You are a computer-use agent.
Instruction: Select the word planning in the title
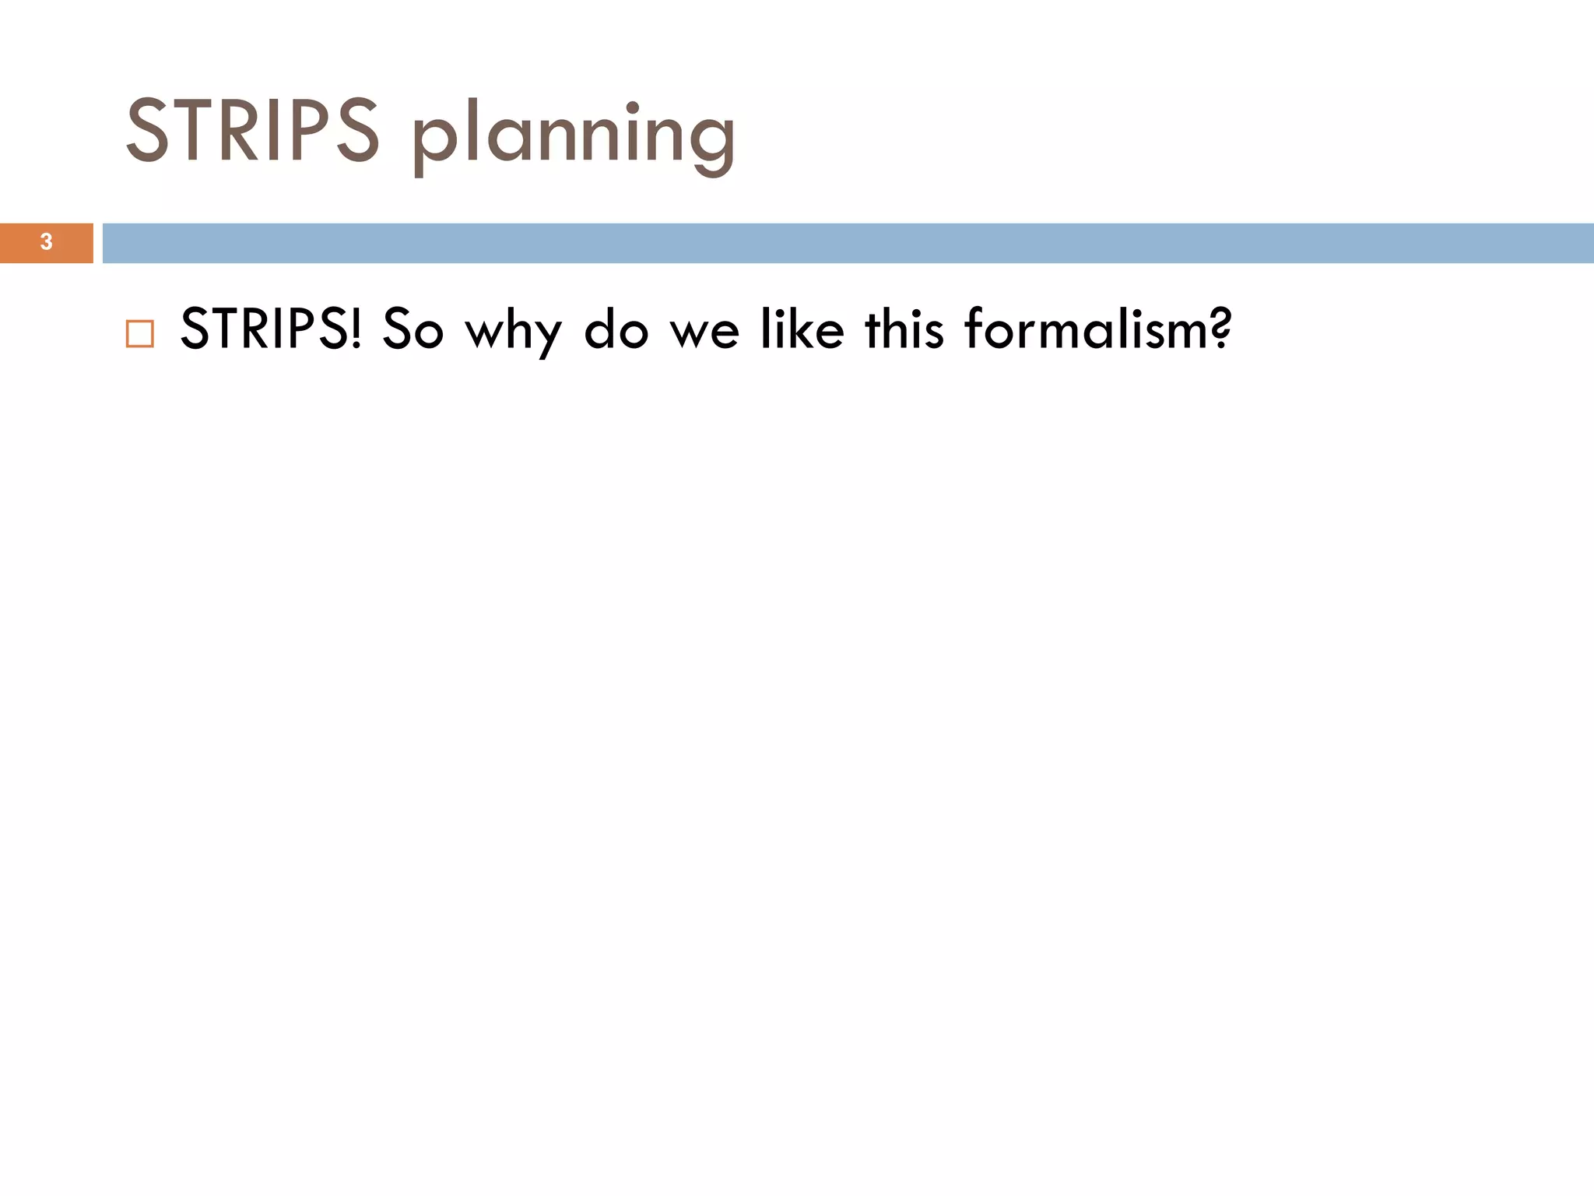[574, 136]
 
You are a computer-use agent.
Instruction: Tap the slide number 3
[46, 242]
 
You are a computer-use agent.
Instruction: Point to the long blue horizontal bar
[848, 243]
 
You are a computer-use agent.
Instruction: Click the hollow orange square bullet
[140, 333]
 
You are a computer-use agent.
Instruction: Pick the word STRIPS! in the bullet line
[271, 329]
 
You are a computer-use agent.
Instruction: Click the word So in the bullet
[413, 329]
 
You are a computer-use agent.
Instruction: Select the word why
[513, 332]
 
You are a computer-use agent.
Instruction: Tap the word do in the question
[616, 329]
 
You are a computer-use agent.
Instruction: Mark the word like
[802, 329]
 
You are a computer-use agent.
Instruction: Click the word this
[904, 329]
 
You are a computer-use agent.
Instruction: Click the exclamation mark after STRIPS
[356, 329]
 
